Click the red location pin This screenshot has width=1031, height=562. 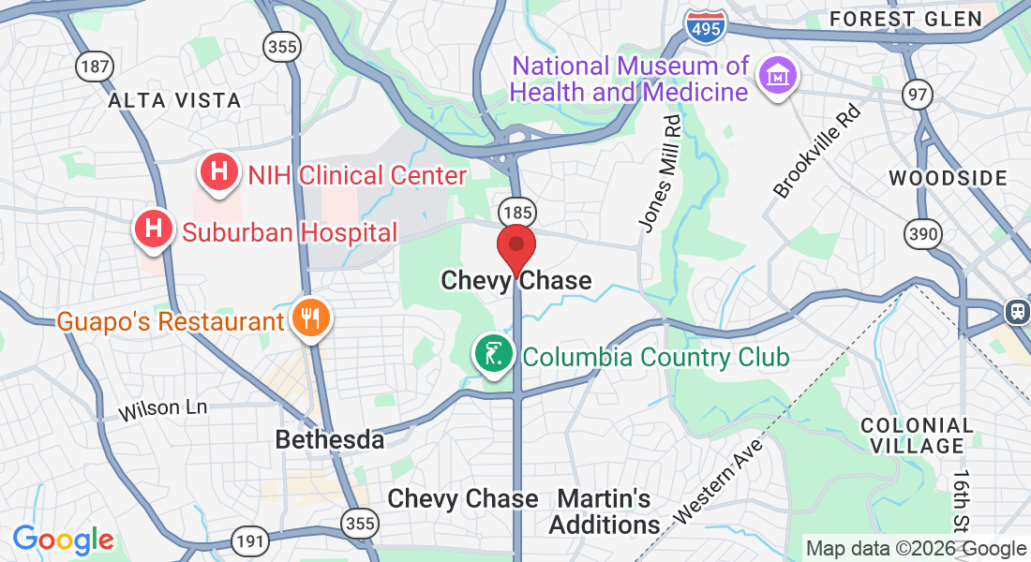coord(515,246)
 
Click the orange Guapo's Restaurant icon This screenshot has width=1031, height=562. coord(308,318)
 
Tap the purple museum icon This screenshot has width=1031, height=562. coord(778,75)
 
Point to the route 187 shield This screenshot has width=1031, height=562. coord(94,66)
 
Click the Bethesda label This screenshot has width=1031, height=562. coord(330,439)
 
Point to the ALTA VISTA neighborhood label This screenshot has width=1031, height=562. coord(174,100)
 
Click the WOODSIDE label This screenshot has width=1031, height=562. coord(948,178)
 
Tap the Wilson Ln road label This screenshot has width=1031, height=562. coord(162,409)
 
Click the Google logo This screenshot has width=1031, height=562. coord(63,540)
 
